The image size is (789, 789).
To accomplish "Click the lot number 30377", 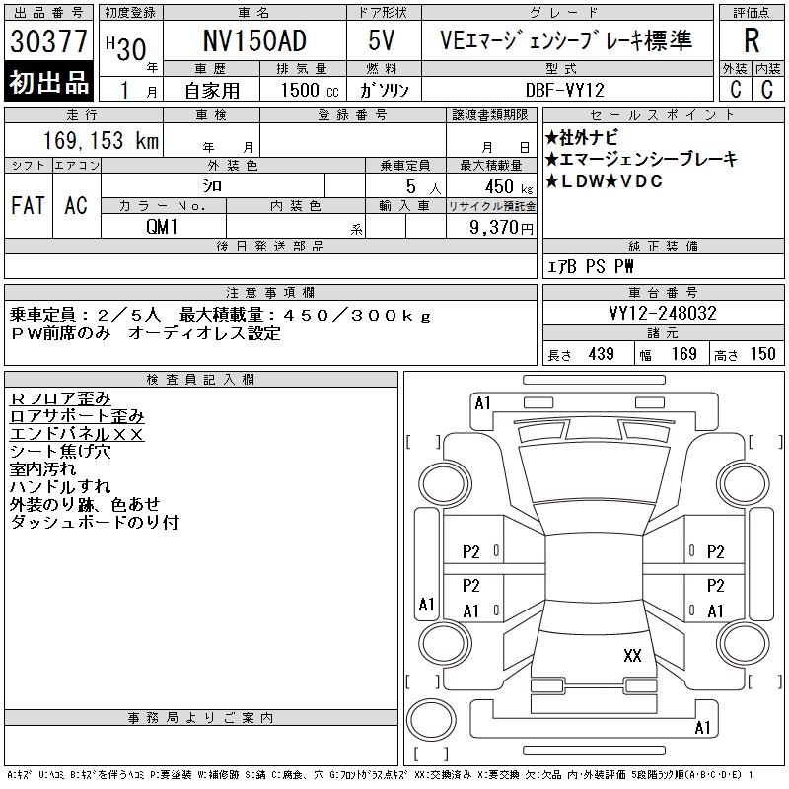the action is (48, 40).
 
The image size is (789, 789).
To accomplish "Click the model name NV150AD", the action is (254, 40).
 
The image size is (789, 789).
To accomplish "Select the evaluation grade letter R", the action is (752, 40).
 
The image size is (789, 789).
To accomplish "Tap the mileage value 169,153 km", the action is (101, 140).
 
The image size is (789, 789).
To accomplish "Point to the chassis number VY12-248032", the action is (663, 313).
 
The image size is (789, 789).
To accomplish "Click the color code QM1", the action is (162, 227).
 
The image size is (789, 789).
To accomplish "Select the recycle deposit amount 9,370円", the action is (501, 228).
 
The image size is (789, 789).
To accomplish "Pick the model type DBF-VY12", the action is (564, 90).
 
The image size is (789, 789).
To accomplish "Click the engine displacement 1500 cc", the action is (310, 90).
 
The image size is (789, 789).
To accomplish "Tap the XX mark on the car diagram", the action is (632, 655).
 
